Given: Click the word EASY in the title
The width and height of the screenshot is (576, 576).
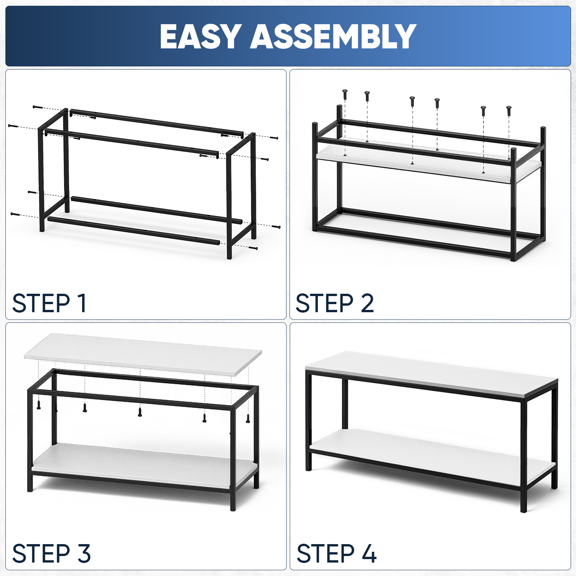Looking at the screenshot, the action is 200,36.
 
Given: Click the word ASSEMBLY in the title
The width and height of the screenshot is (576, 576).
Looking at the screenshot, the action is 333,36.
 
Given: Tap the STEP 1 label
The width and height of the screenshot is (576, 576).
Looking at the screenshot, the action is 49,303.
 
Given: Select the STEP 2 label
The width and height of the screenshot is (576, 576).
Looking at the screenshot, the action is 334,303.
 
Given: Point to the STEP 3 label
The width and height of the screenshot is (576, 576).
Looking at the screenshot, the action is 51,553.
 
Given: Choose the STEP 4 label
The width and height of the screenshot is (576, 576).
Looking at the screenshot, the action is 336,553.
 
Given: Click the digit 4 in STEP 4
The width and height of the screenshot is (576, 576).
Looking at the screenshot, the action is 369,553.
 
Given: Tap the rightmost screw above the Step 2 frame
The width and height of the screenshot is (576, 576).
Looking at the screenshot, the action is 509,111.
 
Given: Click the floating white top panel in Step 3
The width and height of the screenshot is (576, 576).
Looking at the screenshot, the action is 143,353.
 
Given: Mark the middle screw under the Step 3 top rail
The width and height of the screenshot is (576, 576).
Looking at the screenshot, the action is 140,412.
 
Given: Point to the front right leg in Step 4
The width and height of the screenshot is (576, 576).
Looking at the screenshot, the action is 523,455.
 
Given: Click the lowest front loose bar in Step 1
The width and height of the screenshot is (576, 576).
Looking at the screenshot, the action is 134,230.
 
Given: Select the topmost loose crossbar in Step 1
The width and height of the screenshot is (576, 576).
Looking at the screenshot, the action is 156,122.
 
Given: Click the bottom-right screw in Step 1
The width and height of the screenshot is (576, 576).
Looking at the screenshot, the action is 253,248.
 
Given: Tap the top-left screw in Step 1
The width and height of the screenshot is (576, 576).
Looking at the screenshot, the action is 37,107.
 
